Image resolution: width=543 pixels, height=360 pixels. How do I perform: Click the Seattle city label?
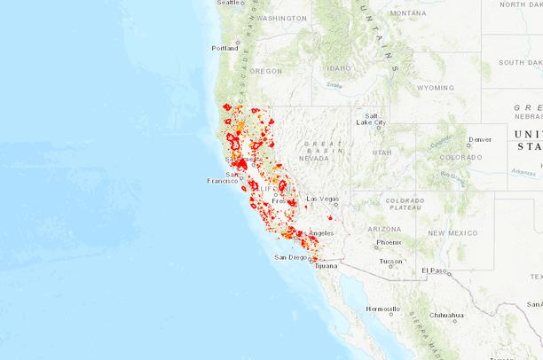coord(230,4)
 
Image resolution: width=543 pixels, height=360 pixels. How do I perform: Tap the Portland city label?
coord(224,49)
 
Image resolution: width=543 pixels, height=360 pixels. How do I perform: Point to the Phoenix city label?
coord(389,242)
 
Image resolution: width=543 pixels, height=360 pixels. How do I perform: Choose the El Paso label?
coord(435,270)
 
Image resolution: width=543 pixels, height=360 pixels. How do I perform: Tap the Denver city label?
coord(480,139)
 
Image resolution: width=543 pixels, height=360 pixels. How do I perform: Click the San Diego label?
coord(290,257)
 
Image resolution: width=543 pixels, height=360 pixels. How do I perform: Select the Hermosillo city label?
coord(381,310)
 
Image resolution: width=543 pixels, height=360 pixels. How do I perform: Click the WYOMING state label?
coord(436,88)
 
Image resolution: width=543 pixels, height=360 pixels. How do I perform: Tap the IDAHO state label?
coord(338,67)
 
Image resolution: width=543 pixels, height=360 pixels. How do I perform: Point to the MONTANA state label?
coord(407,13)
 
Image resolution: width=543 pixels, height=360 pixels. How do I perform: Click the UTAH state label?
coord(382,153)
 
